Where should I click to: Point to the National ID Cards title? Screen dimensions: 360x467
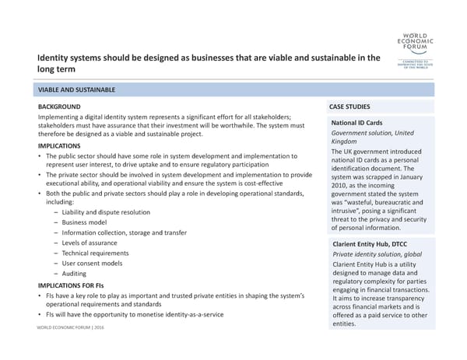[x=357, y=123]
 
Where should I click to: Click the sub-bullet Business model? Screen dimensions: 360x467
[x=85, y=222]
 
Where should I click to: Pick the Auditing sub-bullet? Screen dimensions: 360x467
[x=75, y=274]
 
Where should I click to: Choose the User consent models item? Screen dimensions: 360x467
[x=92, y=263]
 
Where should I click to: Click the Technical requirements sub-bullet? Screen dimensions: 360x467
[x=97, y=253]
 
